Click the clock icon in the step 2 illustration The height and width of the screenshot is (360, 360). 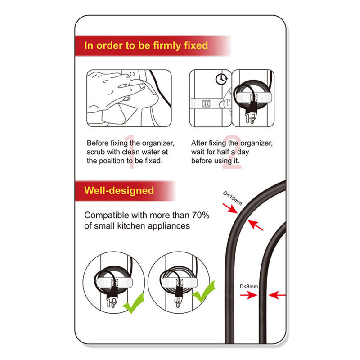[x=221, y=79]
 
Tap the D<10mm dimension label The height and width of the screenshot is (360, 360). [x=233, y=198]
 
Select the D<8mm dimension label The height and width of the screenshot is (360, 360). [x=249, y=287]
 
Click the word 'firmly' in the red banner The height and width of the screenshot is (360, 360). [x=167, y=46]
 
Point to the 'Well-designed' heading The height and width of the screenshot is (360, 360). [x=119, y=190]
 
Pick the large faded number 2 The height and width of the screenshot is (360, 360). [x=232, y=152]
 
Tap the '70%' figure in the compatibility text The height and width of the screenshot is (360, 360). [x=201, y=216]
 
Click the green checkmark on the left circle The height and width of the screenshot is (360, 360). [x=134, y=303]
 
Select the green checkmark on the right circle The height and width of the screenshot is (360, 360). [x=204, y=292]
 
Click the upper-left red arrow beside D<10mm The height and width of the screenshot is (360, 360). [x=230, y=208]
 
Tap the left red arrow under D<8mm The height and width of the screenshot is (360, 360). [x=249, y=295]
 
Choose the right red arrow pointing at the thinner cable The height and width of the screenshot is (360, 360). [x=277, y=295]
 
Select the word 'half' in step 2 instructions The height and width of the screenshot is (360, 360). [x=223, y=152]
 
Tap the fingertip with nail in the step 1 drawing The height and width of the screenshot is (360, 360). [x=140, y=87]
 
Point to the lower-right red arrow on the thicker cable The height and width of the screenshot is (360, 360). [x=256, y=225]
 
